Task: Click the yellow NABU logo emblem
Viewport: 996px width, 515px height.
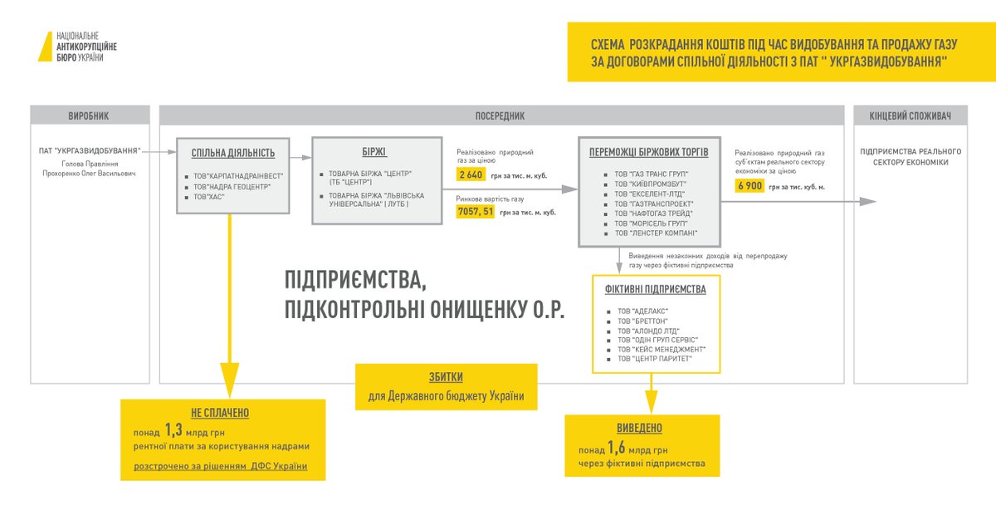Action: [x=45, y=47]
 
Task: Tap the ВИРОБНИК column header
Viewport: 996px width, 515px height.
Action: [x=90, y=116]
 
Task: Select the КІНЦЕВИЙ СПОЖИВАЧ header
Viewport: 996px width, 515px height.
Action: [x=910, y=116]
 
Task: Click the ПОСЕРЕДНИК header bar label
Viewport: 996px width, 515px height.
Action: [x=500, y=116]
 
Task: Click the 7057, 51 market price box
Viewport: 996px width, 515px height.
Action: [x=476, y=212]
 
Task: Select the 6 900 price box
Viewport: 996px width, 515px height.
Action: [x=749, y=186]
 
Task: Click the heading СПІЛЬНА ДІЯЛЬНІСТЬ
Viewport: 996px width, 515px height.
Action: [x=233, y=153]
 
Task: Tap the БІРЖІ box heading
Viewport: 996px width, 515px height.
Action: [x=373, y=152]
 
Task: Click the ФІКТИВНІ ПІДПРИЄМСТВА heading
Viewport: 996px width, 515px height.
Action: [x=657, y=290]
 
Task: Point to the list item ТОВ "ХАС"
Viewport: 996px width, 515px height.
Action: [x=211, y=197]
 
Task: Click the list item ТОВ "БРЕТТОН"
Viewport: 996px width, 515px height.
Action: [x=642, y=321]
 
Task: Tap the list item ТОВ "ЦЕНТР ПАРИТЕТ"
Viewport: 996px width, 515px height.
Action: [x=655, y=359]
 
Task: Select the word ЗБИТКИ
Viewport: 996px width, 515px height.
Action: [x=446, y=376]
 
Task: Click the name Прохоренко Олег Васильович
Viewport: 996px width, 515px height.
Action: [x=88, y=173]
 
